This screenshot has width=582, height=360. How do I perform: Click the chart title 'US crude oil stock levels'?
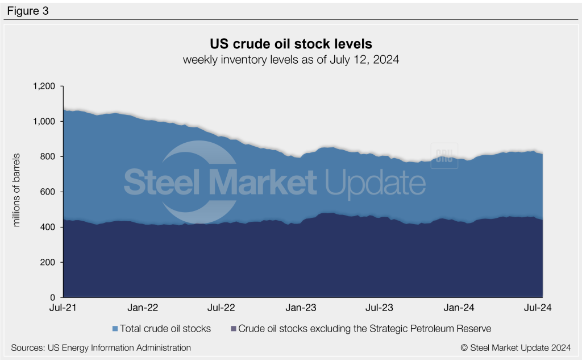(x=290, y=44)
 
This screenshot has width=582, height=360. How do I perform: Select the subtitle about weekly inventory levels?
(x=290, y=60)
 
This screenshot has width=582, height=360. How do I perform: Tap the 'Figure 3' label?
(x=28, y=10)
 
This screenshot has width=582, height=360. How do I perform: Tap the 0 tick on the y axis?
(x=52, y=297)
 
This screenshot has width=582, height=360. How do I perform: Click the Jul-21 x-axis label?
(x=64, y=308)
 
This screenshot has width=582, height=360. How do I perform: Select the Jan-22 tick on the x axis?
(x=143, y=308)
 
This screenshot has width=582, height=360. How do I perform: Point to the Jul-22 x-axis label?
(x=221, y=308)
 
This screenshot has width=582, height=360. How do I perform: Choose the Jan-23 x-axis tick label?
(x=301, y=308)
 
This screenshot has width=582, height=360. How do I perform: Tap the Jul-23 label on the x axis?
(x=379, y=308)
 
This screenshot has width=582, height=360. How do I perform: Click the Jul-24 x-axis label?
(x=537, y=308)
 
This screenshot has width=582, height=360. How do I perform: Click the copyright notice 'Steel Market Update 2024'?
(x=516, y=347)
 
